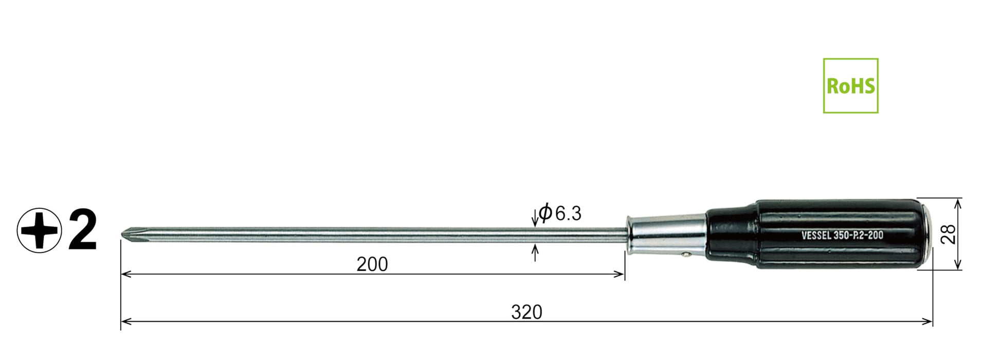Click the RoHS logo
[850, 85]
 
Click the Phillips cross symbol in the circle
[39, 230]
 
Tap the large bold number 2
[82, 230]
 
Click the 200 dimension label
[372, 264]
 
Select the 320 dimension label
[526, 312]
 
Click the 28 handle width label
[950, 234]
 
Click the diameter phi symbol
[545, 212]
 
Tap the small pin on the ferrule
[686, 253]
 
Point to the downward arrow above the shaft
[535, 219]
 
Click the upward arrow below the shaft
[535, 251]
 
